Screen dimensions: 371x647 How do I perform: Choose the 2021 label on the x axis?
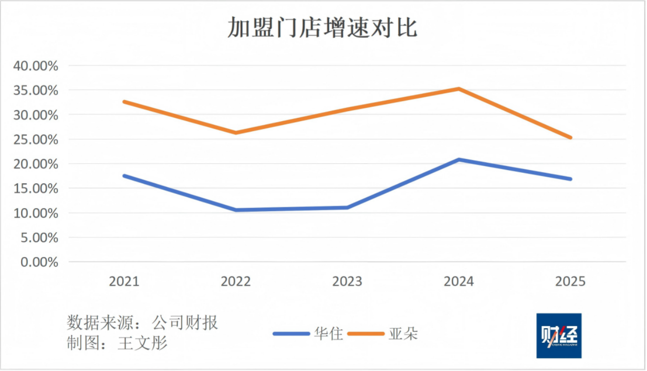(x=124, y=281)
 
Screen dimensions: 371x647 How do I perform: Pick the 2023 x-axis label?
(x=347, y=281)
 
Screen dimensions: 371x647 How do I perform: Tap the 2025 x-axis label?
(x=570, y=281)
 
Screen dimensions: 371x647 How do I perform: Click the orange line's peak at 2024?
(x=459, y=89)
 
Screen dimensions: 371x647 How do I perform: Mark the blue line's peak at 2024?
(x=459, y=159)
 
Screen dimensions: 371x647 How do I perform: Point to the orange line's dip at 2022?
(x=236, y=133)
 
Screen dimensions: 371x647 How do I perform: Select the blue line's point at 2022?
(x=236, y=210)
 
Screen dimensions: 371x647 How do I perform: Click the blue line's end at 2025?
(x=570, y=179)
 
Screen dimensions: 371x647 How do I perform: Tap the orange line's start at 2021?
(x=124, y=101)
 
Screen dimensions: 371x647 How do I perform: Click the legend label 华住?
(x=329, y=334)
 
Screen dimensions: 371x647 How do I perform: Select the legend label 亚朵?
(x=403, y=334)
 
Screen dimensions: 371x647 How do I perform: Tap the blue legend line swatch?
(x=292, y=334)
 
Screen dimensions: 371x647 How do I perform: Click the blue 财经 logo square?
(x=559, y=336)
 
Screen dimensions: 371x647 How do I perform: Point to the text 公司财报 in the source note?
(x=185, y=323)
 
